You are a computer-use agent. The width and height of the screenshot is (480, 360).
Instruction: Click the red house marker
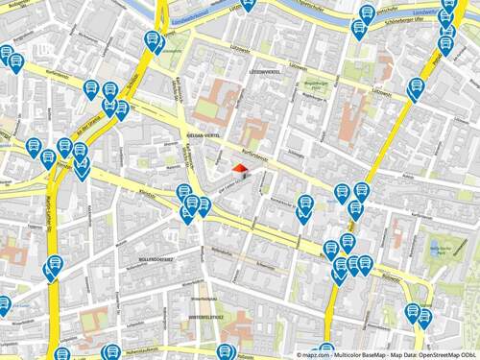click(239, 169)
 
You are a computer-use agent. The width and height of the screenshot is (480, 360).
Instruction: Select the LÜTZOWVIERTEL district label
click(264, 72)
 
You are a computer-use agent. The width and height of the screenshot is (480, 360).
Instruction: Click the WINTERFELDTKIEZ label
click(205, 315)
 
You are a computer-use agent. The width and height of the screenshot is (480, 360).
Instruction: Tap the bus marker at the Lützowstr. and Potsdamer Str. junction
click(417, 88)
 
